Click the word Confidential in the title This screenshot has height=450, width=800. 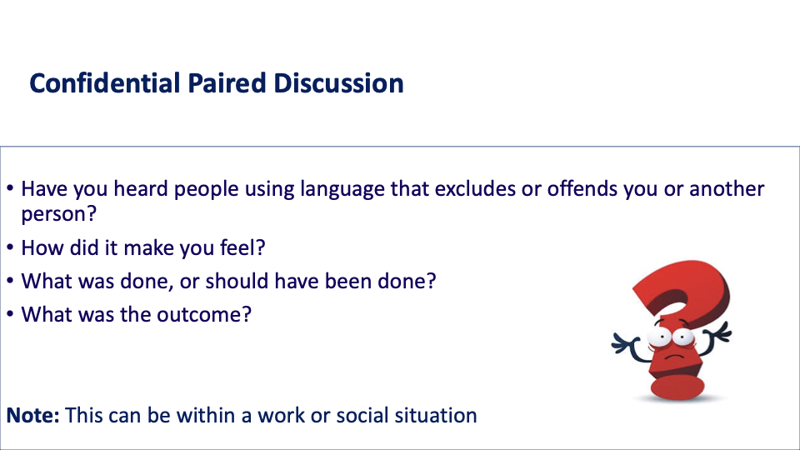tap(105, 83)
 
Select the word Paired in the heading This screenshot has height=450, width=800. tap(227, 83)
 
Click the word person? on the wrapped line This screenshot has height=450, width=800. tap(58, 214)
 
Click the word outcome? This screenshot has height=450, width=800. tap(204, 314)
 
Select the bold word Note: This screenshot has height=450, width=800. tap(33, 415)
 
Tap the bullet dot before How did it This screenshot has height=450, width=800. tap(10, 247)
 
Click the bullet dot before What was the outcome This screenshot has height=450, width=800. tap(10, 314)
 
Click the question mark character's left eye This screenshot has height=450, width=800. tap(661, 337)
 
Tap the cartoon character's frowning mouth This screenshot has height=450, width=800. tap(674, 357)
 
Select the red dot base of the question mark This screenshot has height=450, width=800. tap(678, 387)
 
